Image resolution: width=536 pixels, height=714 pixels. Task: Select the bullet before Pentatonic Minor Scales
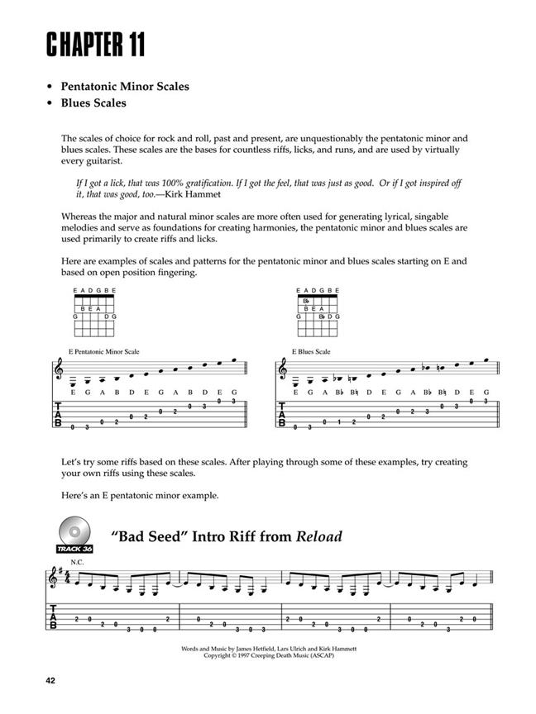tap(51, 87)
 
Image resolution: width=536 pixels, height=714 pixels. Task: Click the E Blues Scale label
tap(311, 351)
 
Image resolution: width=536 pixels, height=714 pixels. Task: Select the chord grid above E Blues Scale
tap(317, 313)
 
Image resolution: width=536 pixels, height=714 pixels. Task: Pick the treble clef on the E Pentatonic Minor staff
tap(58, 374)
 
